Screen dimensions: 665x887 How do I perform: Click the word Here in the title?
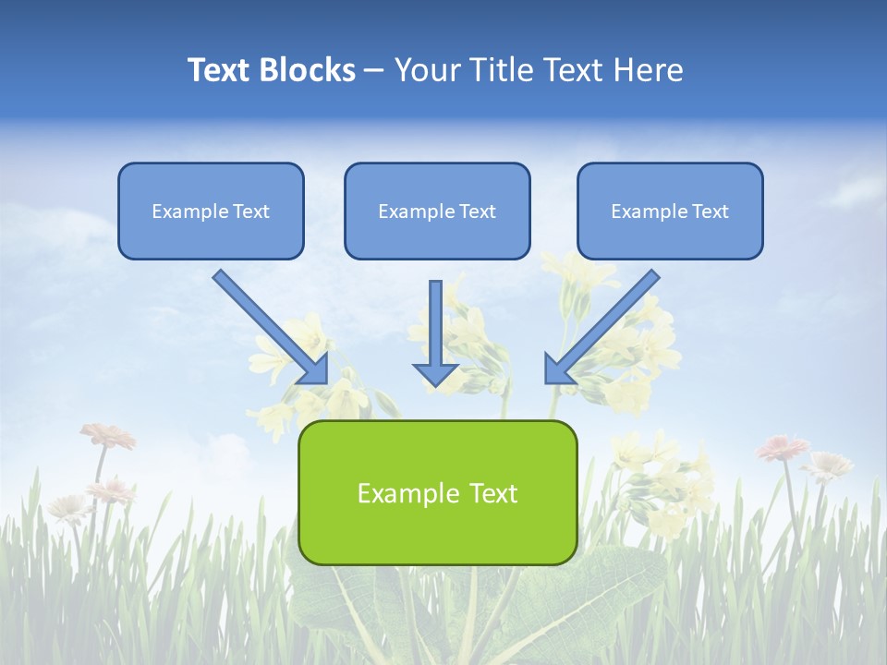[x=650, y=70]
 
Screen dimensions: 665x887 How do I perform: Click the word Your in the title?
[x=425, y=70]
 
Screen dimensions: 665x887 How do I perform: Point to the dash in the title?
[x=374, y=70]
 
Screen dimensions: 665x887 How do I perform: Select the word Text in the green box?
[x=492, y=493]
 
